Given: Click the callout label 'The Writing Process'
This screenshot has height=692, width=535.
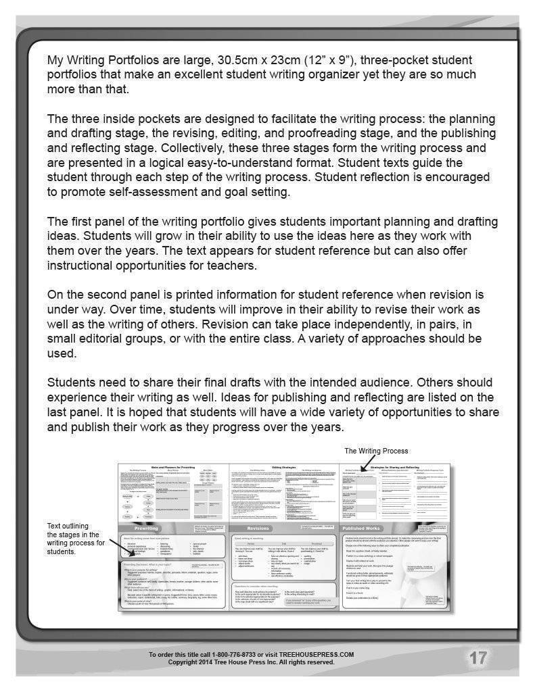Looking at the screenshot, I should click(376, 451).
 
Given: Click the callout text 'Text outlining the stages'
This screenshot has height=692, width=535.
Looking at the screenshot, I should click(75, 538).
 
